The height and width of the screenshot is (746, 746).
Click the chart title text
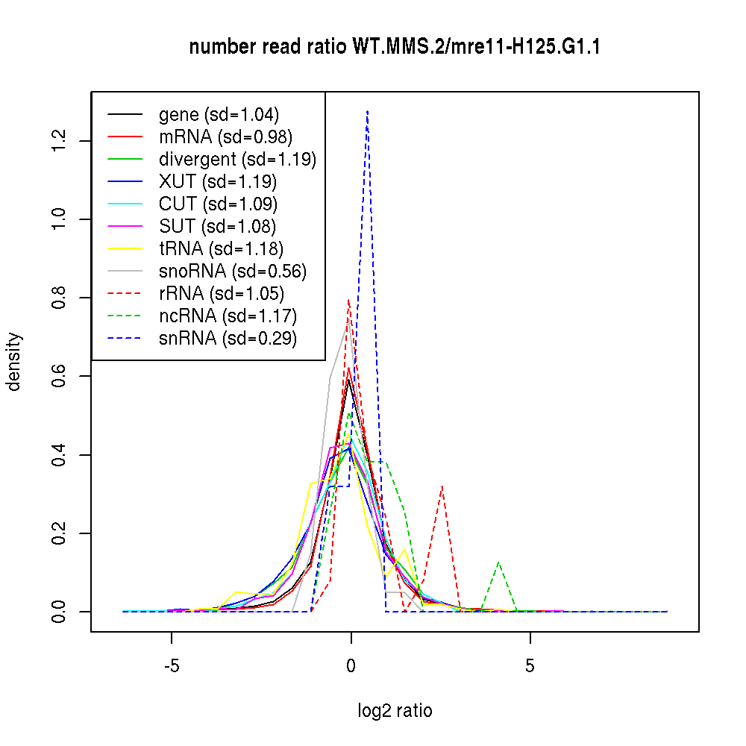coord(395,47)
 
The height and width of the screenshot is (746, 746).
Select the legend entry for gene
coord(219,115)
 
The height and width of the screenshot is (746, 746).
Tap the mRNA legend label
coord(225,137)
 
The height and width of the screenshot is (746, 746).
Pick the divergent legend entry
coord(237,160)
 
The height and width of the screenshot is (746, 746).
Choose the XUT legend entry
coord(218,182)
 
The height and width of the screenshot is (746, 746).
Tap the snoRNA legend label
coord(233,272)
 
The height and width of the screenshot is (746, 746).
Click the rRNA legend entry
coord(222,294)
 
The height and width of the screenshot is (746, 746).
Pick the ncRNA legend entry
coord(228,316)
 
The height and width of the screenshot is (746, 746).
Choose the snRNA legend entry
coord(228,339)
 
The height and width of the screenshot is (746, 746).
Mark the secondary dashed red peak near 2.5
coord(442,486)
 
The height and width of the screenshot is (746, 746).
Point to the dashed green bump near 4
coord(498,562)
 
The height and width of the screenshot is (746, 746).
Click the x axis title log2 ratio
coord(395,711)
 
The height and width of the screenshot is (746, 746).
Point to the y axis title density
coord(15,361)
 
